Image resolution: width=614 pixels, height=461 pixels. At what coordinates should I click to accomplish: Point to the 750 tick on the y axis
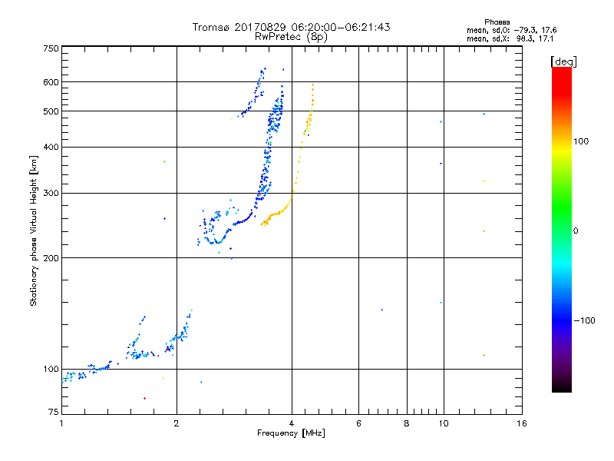click(51, 48)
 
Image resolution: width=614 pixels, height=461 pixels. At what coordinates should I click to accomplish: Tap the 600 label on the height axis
click(51, 82)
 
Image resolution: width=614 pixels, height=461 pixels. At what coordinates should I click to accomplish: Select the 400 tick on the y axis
click(51, 147)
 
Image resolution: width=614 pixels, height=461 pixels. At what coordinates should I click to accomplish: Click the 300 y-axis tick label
click(51, 193)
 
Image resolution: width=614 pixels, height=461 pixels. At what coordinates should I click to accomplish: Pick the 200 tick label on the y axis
click(51, 257)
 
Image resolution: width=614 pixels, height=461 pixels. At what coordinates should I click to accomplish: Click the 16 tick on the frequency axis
click(521, 423)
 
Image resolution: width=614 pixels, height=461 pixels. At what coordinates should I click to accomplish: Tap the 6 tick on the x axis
click(358, 423)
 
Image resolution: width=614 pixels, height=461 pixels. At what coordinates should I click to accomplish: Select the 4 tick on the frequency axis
click(292, 423)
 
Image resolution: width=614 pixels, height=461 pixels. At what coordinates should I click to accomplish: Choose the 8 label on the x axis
click(407, 423)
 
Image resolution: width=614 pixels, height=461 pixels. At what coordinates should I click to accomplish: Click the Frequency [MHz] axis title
click(291, 434)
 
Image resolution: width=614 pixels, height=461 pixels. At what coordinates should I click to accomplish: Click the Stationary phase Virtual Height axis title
click(34, 230)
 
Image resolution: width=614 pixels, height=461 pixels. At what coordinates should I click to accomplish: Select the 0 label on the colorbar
click(576, 230)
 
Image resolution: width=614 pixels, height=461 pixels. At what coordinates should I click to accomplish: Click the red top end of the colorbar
click(561, 71)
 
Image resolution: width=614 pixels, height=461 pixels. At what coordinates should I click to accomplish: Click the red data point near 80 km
click(144, 398)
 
